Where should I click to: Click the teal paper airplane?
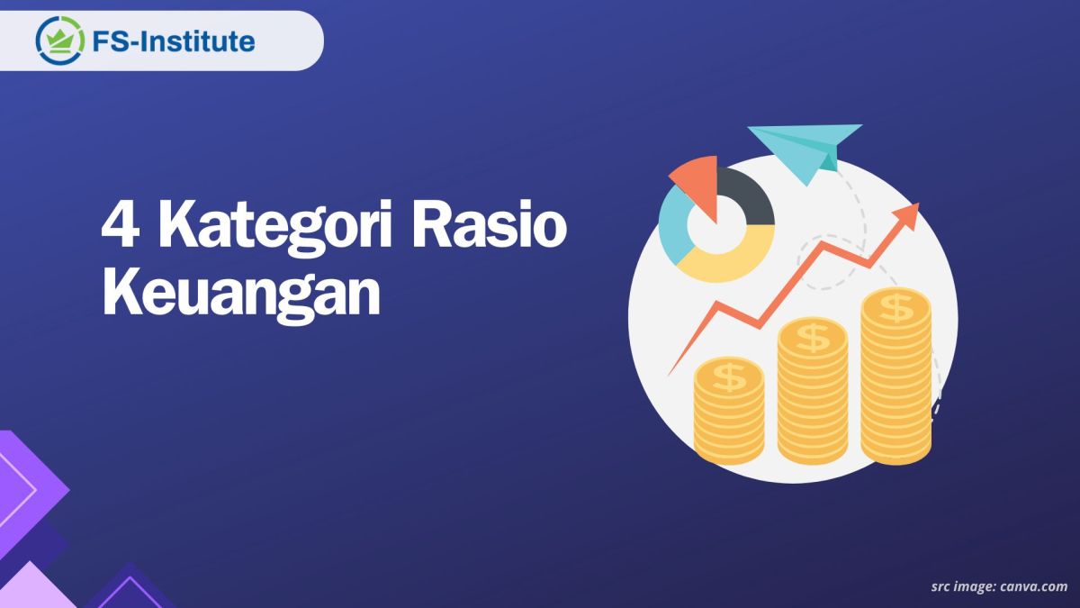click(x=804, y=149)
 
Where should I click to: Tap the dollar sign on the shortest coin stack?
click(x=729, y=377)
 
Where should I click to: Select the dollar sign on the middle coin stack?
click(x=813, y=339)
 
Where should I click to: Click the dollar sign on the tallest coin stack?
click(x=896, y=307)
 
